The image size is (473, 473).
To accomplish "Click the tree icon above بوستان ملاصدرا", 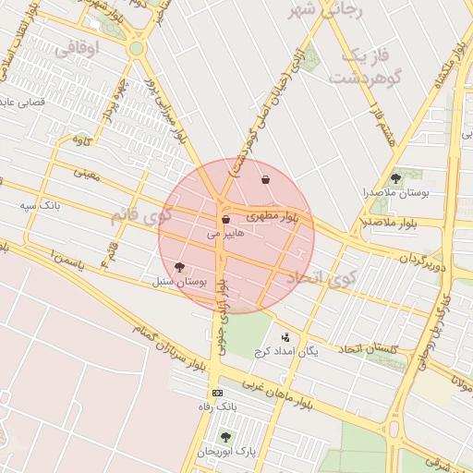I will tap(396, 177).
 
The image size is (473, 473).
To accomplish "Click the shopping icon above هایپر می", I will tap(225, 220).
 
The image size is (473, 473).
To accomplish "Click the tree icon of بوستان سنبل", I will tap(178, 266).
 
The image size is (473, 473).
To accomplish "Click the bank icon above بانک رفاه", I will tap(217, 393).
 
